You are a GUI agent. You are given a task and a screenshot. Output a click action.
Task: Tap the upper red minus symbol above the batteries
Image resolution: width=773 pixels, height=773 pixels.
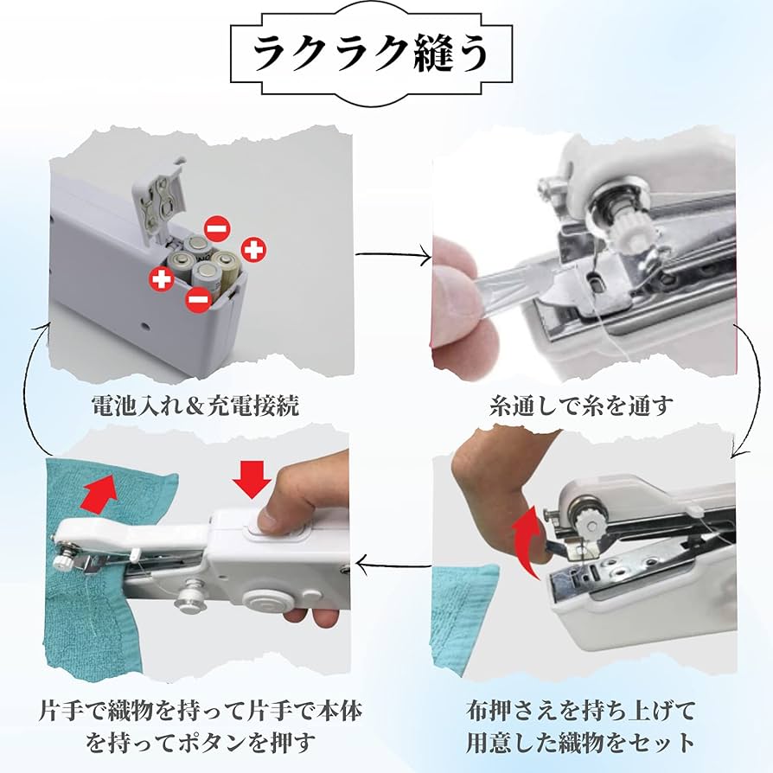217,228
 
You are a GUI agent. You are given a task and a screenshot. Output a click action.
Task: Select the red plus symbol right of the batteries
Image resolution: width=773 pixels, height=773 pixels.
253,250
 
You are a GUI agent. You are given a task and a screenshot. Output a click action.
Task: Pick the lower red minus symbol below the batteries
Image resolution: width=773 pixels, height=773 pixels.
198,300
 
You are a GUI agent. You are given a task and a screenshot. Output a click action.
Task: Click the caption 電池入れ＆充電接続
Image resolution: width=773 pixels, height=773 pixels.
195,405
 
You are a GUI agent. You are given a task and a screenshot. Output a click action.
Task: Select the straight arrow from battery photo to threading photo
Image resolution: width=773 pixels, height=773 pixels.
393,254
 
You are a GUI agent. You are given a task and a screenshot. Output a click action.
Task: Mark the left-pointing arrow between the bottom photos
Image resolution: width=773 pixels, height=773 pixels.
393,566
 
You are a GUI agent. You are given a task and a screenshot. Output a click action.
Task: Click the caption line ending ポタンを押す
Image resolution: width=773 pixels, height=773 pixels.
198,741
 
